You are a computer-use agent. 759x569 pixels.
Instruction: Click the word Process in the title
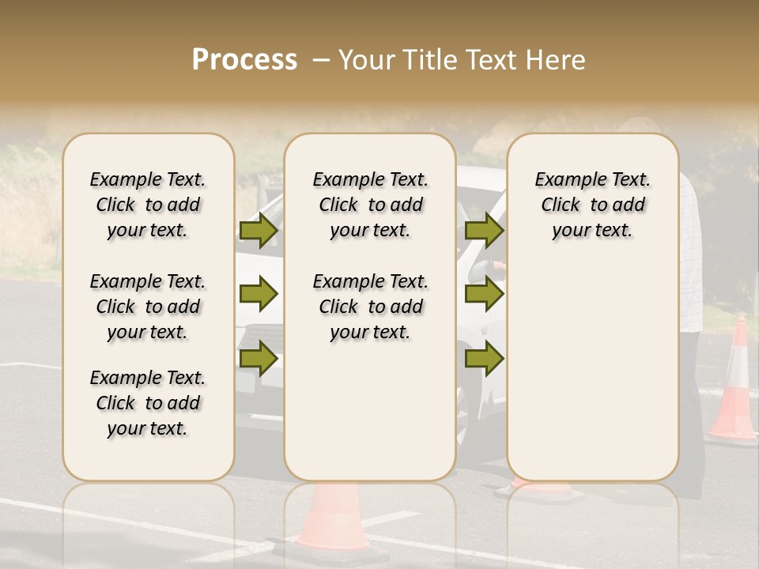(244, 59)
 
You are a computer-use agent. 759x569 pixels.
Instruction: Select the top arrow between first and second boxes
(259, 230)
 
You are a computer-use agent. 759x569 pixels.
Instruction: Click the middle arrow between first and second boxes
(259, 294)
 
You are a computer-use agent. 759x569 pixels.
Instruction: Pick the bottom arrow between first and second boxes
(259, 358)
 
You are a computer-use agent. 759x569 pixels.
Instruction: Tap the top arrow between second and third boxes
(484, 230)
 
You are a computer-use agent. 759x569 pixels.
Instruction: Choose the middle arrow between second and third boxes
(484, 294)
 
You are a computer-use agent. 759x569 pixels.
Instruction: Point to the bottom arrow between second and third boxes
(484, 358)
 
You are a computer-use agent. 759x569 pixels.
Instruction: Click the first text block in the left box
(148, 205)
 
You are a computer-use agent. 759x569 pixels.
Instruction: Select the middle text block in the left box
(148, 307)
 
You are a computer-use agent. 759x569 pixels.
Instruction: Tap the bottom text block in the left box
(148, 403)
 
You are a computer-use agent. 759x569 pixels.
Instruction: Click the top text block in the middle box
(370, 205)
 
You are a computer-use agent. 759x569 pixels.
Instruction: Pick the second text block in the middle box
(370, 307)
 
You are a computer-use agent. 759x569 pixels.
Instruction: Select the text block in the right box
(592, 205)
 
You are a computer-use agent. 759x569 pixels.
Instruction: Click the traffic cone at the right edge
(734, 382)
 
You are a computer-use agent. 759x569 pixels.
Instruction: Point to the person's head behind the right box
(640, 126)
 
